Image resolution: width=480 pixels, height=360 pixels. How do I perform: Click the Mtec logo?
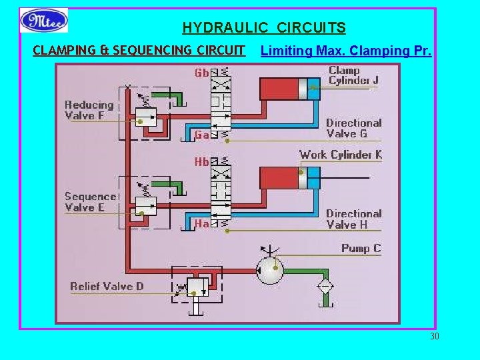pyautogui.click(x=44, y=20)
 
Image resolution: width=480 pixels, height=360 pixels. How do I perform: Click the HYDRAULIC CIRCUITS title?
pyautogui.click(x=264, y=28)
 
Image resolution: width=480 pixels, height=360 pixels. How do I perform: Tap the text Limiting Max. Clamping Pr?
pyautogui.click(x=346, y=51)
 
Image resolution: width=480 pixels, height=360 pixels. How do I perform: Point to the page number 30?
pyautogui.click(x=435, y=336)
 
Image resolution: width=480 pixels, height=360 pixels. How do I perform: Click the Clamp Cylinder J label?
pyautogui.click(x=353, y=75)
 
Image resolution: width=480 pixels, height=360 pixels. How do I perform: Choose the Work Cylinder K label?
pyautogui.click(x=340, y=155)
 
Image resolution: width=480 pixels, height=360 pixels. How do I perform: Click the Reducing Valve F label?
pyautogui.click(x=89, y=110)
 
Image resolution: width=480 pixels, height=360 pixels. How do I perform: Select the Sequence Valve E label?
pyautogui.click(x=90, y=202)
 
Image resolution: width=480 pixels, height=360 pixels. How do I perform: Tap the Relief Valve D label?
pyautogui.click(x=107, y=287)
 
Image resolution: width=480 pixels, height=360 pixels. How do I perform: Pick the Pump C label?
pyautogui.click(x=361, y=249)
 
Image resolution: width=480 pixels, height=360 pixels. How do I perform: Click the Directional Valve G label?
pyautogui.click(x=353, y=128)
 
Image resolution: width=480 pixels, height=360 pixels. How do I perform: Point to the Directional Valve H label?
pyautogui.click(x=353, y=219)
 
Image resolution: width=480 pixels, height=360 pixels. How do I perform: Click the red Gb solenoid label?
pyautogui.click(x=202, y=73)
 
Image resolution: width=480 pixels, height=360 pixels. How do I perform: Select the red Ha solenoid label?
pyautogui.click(x=202, y=224)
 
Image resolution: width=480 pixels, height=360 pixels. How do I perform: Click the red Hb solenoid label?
pyautogui.click(x=202, y=162)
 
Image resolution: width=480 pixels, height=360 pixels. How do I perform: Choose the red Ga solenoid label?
pyautogui.click(x=202, y=135)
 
